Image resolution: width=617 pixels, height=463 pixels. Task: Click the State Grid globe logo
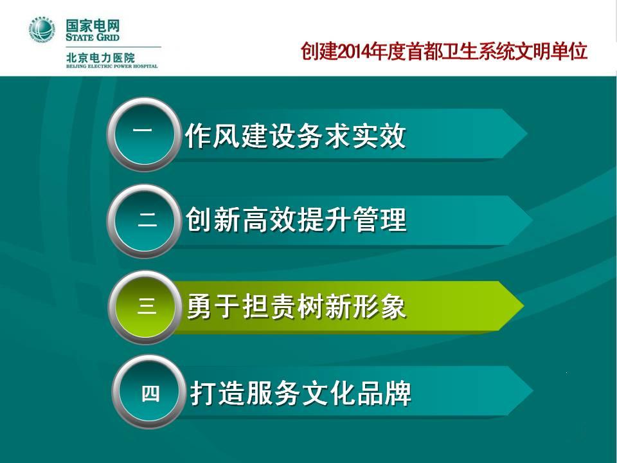pyautogui.click(x=42, y=30)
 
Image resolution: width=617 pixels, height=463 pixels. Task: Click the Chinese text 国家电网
pyautogui.click(x=93, y=26)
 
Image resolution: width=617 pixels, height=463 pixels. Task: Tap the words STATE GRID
pyautogui.click(x=93, y=37)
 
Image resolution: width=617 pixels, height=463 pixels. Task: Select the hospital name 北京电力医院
pyautogui.click(x=100, y=57)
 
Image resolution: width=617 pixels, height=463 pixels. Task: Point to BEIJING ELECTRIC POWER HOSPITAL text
pyautogui.click(x=112, y=66)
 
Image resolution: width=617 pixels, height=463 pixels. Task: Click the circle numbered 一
pyautogui.click(x=143, y=134)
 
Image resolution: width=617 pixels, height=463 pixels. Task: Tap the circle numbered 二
pyautogui.click(x=144, y=221)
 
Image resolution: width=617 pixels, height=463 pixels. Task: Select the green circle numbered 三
pyautogui.click(x=145, y=306)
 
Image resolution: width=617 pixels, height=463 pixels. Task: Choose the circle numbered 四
pyautogui.click(x=148, y=392)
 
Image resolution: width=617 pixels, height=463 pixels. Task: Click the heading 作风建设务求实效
pyautogui.click(x=295, y=136)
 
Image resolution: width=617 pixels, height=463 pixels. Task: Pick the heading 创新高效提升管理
pyautogui.click(x=296, y=220)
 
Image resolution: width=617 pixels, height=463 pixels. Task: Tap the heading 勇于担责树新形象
pyautogui.click(x=296, y=306)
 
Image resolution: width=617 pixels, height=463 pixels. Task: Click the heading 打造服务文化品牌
pyautogui.click(x=301, y=392)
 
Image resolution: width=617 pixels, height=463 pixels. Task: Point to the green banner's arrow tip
pyautogui.click(x=523, y=305)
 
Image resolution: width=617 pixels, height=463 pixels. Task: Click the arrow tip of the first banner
pyautogui.click(x=526, y=134)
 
